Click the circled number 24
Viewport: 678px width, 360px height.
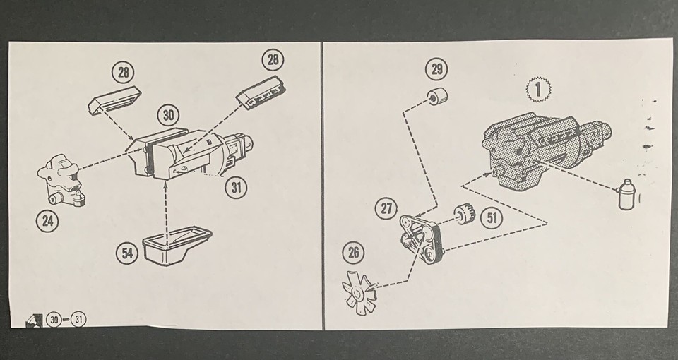point(47,221)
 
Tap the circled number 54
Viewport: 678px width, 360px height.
point(127,253)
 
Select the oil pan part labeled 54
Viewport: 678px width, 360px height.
point(177,246)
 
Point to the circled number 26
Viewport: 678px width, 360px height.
point(353,253)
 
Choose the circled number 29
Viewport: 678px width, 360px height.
point(436,68)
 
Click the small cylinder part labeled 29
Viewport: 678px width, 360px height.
point(438,95)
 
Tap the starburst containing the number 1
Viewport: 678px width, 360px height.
point(538,90)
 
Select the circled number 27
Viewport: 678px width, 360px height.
point(386,209)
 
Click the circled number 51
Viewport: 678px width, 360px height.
point(492,218)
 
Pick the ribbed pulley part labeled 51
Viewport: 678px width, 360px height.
point(464,213)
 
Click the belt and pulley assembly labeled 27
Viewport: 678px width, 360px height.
point(421,239)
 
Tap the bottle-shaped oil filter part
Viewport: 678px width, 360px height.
point(627,195)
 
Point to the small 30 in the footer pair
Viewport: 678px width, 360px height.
point(54,320)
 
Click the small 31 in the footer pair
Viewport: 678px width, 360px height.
point(78,320)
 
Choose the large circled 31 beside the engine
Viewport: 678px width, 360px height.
point(236,188)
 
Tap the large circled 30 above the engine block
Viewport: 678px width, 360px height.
point(168,115)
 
